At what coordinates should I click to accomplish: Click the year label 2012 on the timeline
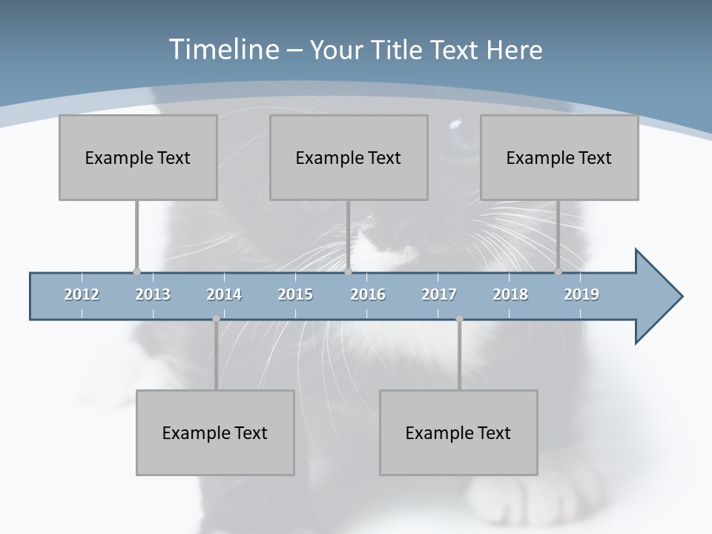coord(82,294)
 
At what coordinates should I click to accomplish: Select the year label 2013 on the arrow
coord(153,294)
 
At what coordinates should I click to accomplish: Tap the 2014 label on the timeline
coord(224,294)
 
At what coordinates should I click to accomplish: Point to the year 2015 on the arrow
coord(295,294)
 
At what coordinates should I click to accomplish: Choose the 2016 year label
coord(368,294)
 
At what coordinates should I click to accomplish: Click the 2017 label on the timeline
coord(439,294)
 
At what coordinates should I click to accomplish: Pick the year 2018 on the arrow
coord(510,294)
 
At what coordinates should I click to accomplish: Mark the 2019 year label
coord(581,294)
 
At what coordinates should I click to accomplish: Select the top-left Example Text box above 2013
coord(138,157)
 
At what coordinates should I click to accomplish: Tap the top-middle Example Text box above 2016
coord(349,157)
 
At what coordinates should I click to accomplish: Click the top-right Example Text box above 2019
coord(559,157)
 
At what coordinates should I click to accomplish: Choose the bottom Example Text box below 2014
coord(215,432)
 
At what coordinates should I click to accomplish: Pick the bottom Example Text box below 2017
coord(458,432)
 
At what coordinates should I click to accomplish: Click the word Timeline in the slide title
coord(222,50)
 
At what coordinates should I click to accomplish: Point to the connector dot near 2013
coord(136,271)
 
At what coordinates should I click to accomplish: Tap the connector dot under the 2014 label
coord(216,319)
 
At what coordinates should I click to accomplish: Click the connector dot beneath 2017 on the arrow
coord(459,319)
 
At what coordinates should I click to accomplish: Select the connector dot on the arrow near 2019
coord(558,271)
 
